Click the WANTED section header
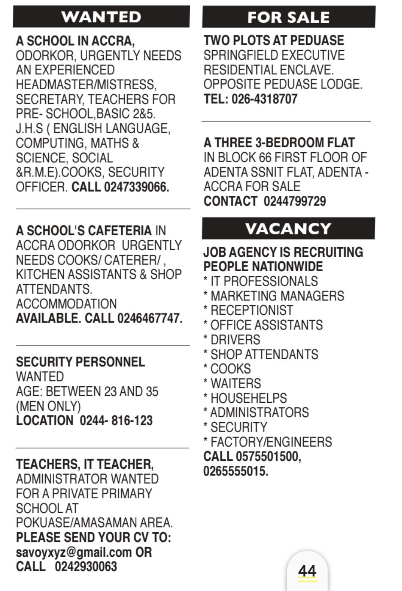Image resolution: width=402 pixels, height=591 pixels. (101, 17)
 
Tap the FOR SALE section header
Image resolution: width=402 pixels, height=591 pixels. (288, 17)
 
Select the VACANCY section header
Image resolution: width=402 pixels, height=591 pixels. (288, 229)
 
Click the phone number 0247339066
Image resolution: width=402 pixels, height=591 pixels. (136, 187)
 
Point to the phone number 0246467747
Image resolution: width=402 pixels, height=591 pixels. (150, 318)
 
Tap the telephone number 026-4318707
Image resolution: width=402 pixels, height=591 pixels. (264, 99)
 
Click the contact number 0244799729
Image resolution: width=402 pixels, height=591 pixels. (295, 201)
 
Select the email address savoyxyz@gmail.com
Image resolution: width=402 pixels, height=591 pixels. (74, 552)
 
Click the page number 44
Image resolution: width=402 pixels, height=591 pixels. (307, 572)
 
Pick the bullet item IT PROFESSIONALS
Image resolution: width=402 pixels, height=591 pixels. (264, 281)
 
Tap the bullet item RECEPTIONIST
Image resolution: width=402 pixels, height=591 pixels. (252, 311)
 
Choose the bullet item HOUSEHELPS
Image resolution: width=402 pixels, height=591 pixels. (249, 398)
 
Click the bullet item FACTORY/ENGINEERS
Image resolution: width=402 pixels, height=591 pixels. (271, 442)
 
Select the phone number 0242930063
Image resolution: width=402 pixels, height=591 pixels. (86, 566)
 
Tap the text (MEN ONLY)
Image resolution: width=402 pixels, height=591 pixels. (48, 406)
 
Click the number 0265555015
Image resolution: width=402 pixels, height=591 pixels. (236, 471)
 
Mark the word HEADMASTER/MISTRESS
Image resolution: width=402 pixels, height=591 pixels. (86, 85)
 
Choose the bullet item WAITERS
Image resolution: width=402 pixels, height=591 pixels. (236, 384)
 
